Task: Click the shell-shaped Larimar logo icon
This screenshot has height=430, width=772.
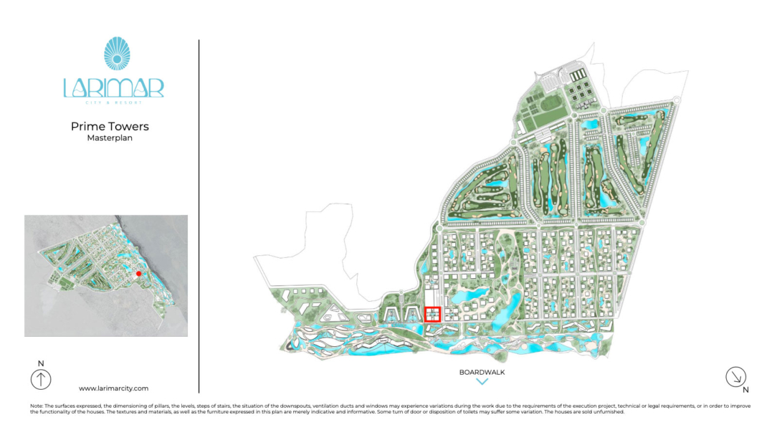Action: click(113, 54)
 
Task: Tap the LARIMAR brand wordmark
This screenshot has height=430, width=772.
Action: click(113, 87)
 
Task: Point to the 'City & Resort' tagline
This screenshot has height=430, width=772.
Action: click(113, 102)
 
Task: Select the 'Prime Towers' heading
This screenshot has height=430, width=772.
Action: click(110, 127)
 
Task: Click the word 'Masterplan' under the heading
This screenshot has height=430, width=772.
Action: click(110, 138)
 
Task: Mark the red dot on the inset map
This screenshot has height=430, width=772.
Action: click(139, 274)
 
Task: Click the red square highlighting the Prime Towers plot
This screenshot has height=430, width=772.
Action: click(432, 314)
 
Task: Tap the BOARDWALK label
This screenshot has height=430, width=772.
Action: click(482, 373)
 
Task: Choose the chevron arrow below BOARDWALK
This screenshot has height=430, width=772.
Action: click(482, 382)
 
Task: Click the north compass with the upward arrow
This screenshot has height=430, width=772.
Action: click(41, 379)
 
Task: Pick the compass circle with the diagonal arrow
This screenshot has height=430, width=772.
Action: click(735, 376)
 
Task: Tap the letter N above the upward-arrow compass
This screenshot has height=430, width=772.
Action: click(41, 363)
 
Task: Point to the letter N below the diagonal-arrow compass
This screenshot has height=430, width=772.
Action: click(745, 391)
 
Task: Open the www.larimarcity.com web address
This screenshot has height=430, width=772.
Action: click(113, 388)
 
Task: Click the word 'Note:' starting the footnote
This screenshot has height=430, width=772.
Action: click(37, 406)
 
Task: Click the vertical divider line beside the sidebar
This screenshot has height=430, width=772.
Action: click(199, 215)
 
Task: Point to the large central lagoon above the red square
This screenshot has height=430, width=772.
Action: click(467, 295)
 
